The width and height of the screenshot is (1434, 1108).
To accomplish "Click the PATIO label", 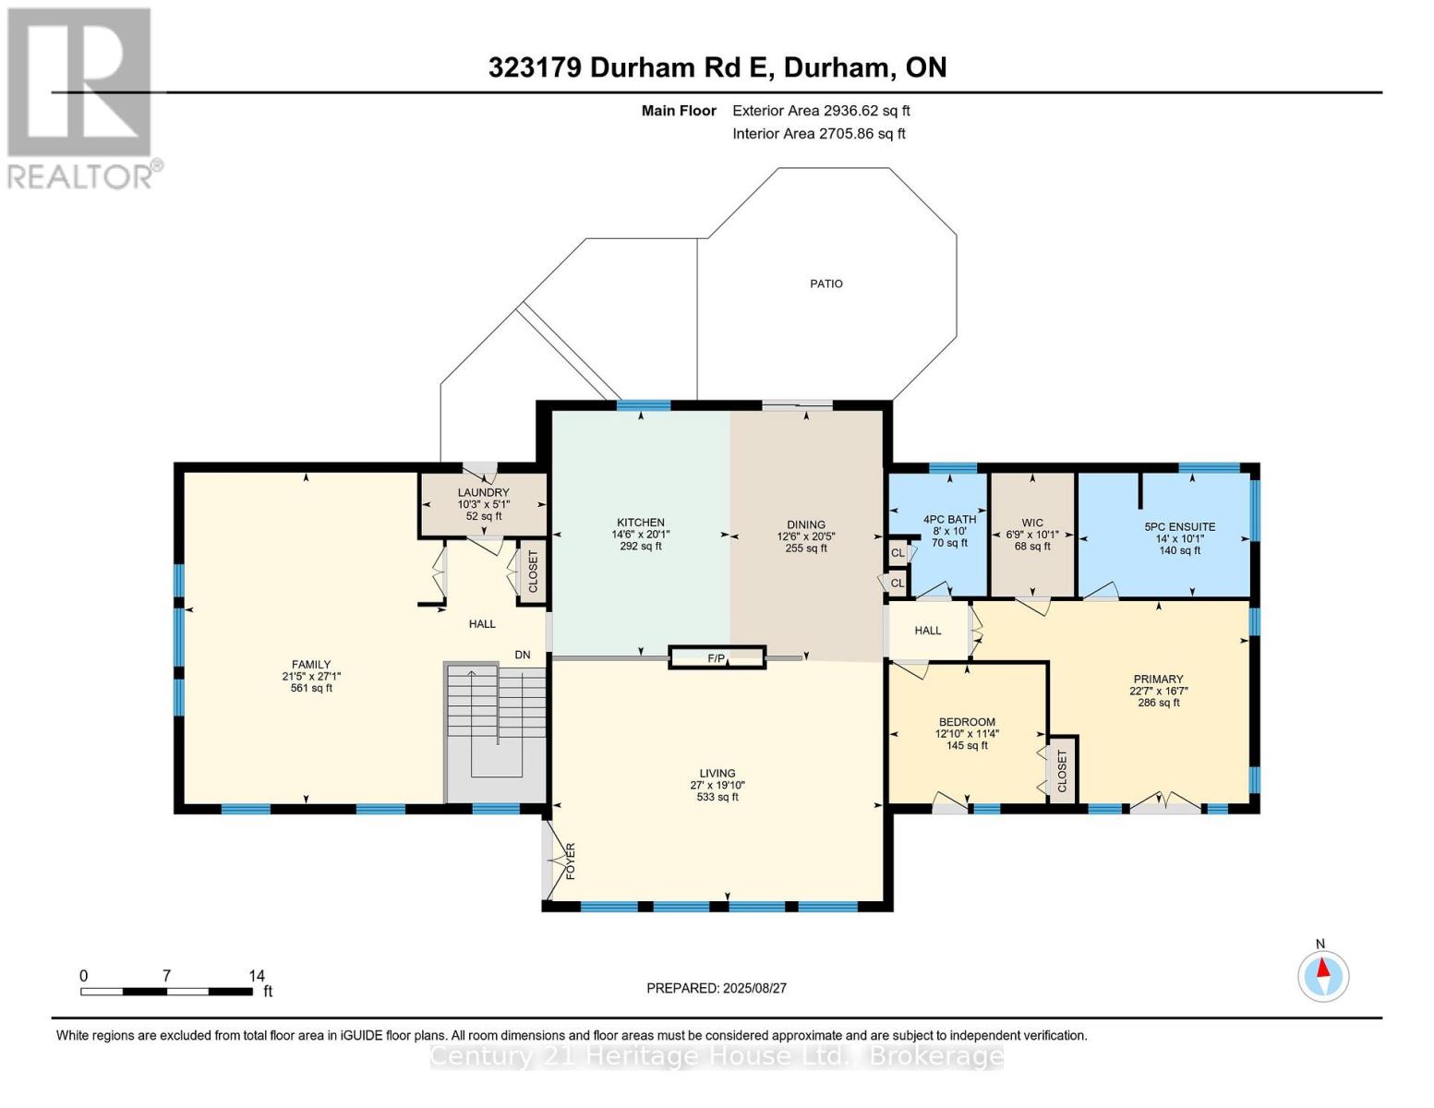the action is pos(825,283).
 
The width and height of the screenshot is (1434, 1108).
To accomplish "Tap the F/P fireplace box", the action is pos(717,657).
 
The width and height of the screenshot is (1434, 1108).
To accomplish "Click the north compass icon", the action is pos(1323,974).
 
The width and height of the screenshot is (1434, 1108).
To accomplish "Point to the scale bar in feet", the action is pos(166,991).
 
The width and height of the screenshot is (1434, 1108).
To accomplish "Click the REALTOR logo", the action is pos(80,98).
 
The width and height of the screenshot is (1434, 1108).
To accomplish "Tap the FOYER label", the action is pos(571,861).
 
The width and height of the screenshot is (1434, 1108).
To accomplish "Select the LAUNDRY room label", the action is pos(484,492).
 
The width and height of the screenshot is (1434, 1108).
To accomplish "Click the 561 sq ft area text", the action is pos(311,688).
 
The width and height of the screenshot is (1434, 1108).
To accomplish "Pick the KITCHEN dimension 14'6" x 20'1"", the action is pos(641,535).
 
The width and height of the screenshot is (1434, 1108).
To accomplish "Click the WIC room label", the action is pos(1032,523).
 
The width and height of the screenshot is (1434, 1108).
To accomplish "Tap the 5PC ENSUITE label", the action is pos(1180,526).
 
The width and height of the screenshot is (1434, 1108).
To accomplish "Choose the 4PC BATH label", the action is pos(949,519).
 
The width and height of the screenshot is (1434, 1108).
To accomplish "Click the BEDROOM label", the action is pos(967,722).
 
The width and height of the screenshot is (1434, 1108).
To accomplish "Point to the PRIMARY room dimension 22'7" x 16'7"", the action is pos(1158,691).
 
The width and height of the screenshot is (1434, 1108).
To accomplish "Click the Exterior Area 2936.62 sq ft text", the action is pos(821,111).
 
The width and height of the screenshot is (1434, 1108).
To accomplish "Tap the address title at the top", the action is pos(717,67).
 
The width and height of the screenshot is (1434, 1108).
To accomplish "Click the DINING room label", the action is pos(806,525).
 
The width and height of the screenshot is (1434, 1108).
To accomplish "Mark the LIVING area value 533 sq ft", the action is pos(717,797).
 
